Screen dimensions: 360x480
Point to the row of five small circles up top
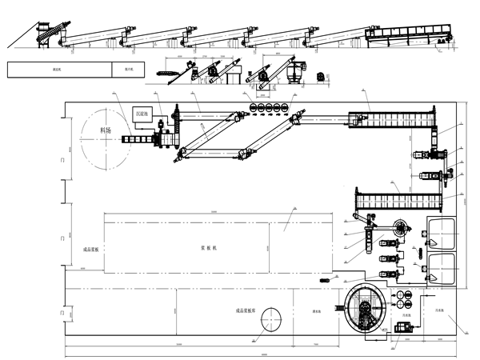tap(270, 106)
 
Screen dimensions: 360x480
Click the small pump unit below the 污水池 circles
tap(399, 326)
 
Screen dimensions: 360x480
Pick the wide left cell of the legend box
tap(60, 70)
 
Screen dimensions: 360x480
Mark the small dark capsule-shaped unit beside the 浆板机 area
tap(326, 280)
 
